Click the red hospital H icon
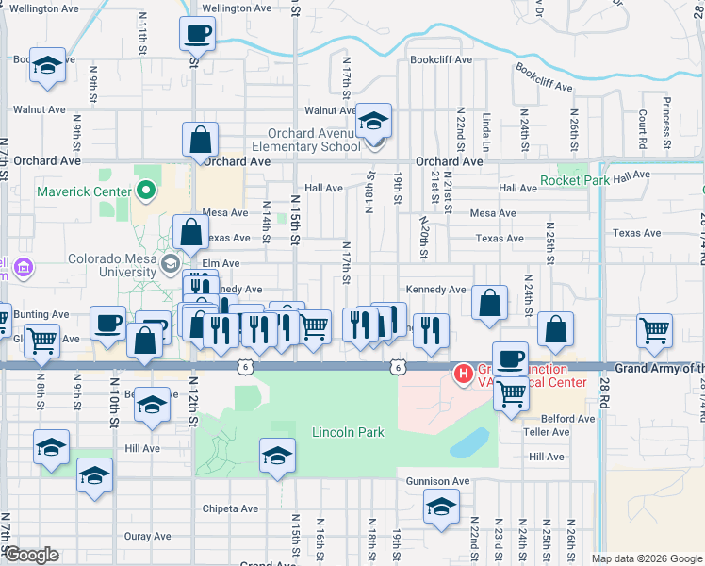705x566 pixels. coord(463,375)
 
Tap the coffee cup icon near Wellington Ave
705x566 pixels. coord(198,35)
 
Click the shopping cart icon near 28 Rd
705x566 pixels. coord(654,331)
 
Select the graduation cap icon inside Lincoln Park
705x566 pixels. coord(276,456)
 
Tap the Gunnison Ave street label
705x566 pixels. coord(437,481)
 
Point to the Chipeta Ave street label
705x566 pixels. coord(231,508)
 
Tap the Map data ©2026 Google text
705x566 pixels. coord(647,558)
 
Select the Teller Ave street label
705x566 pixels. coord(547,432)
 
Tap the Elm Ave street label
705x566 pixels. coord(218,263)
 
